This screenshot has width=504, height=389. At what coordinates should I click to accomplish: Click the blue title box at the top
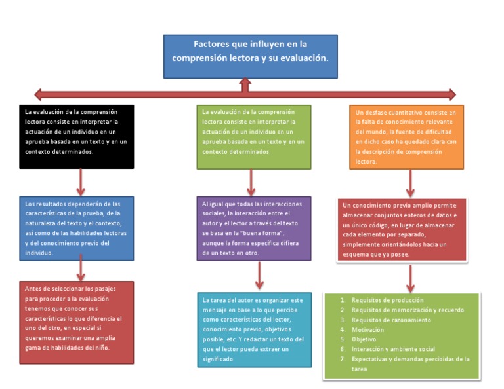click(x=250, y=57)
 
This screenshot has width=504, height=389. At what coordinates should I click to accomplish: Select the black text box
click(x=77, y=136)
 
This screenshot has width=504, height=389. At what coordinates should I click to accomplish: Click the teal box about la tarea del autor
click(x=254, y=329)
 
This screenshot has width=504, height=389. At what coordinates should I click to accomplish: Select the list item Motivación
click(x=367, y=329)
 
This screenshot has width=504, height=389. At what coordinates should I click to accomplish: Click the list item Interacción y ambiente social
click(x=393, y=349)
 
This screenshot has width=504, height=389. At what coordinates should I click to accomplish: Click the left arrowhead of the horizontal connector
click(x=39, y=93)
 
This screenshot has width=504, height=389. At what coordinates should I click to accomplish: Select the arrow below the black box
click(x=81, y=181)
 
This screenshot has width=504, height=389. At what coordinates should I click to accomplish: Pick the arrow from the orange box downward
click(x=410, y=183)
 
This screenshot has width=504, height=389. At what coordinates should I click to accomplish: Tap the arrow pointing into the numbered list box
click(x=410, y=278)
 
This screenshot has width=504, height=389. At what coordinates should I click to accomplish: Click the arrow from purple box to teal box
click(x=259, y=275)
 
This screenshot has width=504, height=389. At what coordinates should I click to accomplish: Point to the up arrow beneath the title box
click(x=245, y=84)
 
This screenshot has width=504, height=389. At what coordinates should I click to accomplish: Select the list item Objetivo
click(x=364, y=339)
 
